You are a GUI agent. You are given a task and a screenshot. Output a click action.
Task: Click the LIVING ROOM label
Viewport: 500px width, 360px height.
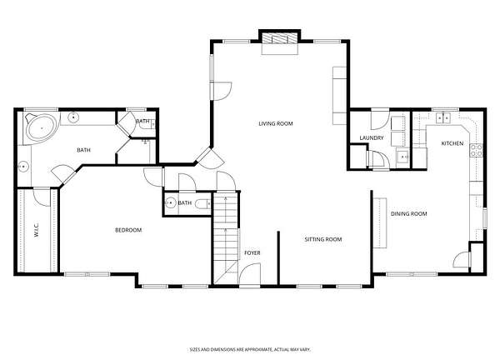coord(276,123)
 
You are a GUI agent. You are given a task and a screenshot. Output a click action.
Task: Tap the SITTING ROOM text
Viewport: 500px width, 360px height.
coord(323,239)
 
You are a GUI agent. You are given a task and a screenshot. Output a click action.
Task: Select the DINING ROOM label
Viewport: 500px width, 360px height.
coord(409,213)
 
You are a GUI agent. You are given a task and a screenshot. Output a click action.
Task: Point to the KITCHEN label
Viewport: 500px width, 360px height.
coord(452,143)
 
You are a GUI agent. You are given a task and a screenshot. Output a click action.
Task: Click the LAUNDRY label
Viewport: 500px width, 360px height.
coord(372,138)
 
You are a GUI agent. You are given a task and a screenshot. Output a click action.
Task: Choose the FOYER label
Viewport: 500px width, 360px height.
coord(252,252)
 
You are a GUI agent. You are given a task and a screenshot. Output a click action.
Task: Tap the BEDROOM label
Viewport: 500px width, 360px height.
coord(128,230)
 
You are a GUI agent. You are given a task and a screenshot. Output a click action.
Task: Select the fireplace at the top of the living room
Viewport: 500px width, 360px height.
coord(280,39)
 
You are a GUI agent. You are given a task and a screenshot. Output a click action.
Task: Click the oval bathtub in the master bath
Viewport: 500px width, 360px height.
coord(42,128)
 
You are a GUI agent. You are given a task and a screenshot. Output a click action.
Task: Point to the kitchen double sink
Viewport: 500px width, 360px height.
coord(443,118)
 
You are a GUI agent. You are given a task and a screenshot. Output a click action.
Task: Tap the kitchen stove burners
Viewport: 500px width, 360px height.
coord(476,151)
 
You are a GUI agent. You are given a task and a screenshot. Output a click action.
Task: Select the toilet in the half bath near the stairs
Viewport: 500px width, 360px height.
coord(202,203)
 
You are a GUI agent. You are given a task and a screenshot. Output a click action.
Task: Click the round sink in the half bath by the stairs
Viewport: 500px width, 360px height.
coord(171,202)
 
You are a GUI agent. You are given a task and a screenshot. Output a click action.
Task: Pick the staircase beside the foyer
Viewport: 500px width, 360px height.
coord(226,237)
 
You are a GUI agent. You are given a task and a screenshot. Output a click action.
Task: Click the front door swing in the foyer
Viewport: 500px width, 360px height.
coord(250,274)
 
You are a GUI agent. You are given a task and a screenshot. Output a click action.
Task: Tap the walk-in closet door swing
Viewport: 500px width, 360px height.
coord(42,197)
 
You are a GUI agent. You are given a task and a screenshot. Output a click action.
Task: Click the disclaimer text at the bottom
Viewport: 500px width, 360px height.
coord(250,350)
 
